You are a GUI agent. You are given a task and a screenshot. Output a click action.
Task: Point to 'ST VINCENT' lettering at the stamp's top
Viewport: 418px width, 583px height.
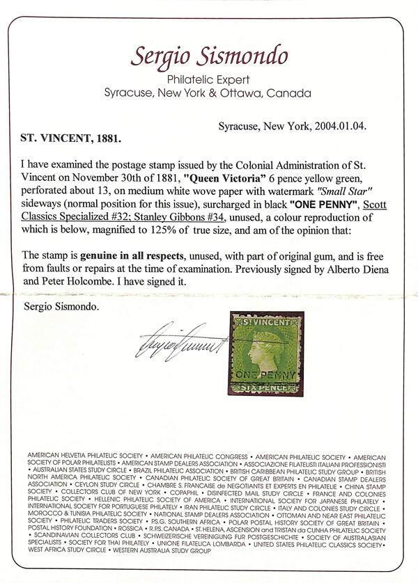pos(263,321)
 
